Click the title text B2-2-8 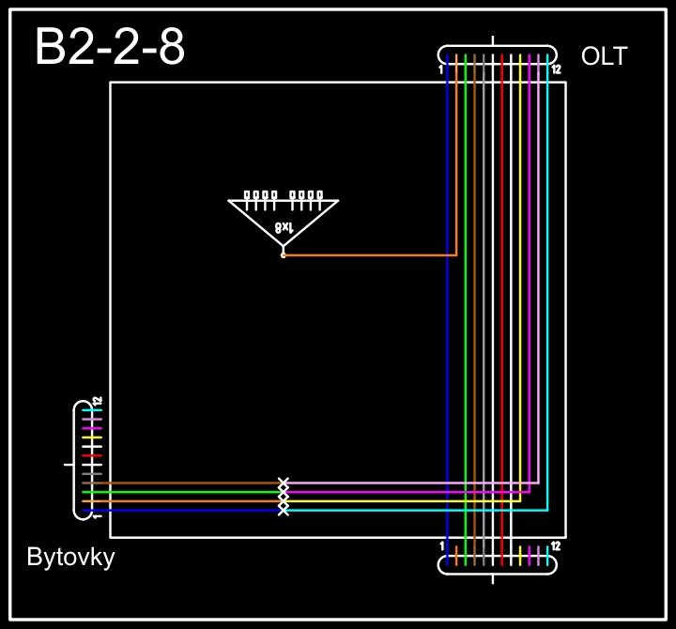click(x=109, y=48)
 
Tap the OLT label click(x=604, y=56)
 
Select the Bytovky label click(x=70, y=558)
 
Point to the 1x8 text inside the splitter click(x=284, y=226)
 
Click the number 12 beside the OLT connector click(x=557, y=69)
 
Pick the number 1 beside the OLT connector click(x=440, y=69)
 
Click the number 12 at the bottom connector click(x=557, y=545)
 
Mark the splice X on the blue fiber click(x=284, y=511)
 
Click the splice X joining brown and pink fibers click(x=284, y=483)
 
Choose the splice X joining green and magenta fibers click(x=284, y=492)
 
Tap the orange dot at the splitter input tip click(x=283, y=254)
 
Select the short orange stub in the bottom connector click(x=456, y=556)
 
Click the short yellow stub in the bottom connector click(x=521, y=556)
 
